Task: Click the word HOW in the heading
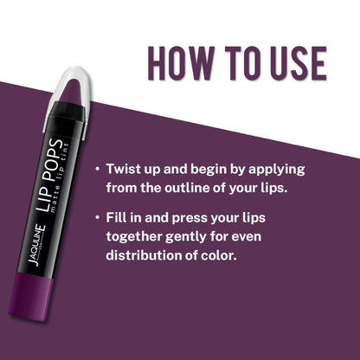tap(181, 63)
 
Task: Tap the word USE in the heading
tap(299, 63)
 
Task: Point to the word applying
tap(277, 170)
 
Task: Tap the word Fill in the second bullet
tap(115, 217)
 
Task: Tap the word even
tap(247, 237)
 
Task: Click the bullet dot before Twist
tap(98, 169)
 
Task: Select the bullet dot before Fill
tap(98, 217)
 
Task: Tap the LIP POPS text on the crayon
tap(48, 175)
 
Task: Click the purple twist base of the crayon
tap(30, 296)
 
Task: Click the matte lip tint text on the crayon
tap(60, 178)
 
